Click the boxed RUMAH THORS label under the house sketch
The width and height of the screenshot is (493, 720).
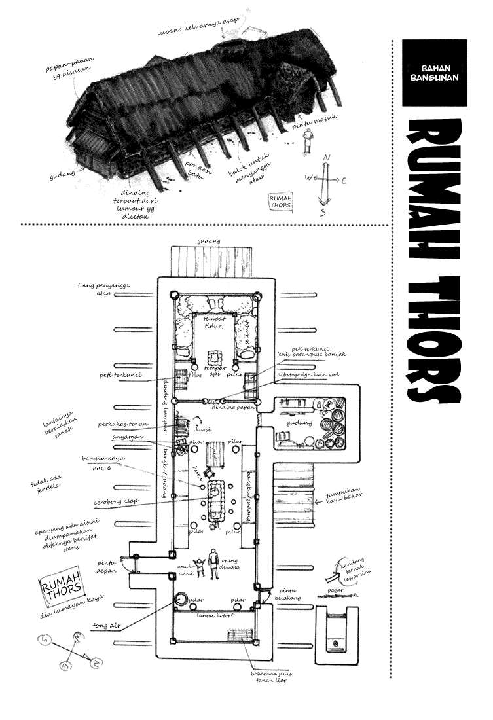click(281, 201)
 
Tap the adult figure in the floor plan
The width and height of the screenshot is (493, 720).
click(213, 560)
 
